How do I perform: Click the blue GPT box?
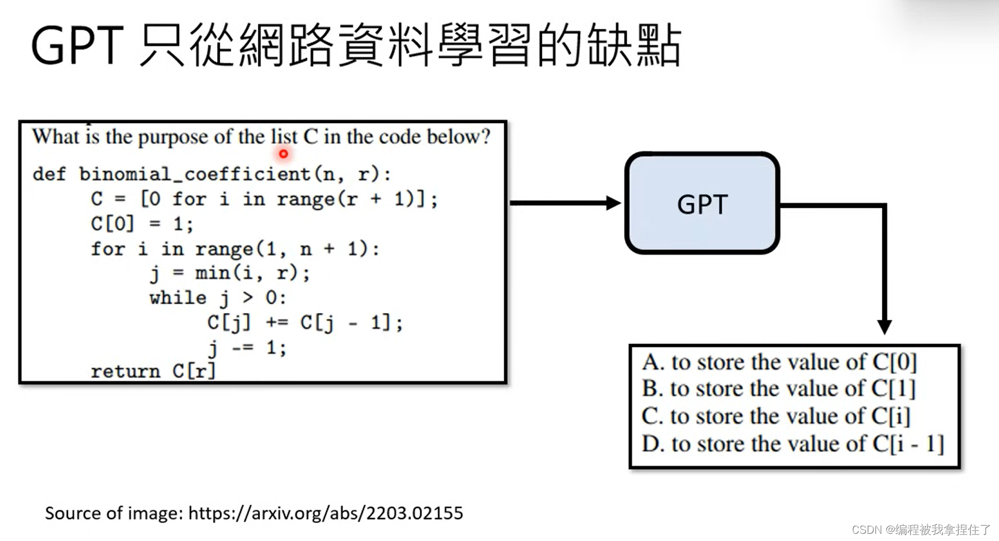[702, 203]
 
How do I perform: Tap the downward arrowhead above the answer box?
[884, 326]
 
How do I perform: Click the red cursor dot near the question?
[283, 154]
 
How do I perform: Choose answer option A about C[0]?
[779, 362]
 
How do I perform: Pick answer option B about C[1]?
[778, 388]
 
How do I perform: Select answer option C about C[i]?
[775, 416]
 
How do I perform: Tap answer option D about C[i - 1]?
[792, 444]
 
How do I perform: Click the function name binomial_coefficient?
[195, 174]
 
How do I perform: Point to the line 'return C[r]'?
[153, 371]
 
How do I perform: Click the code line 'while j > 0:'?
[218, 297]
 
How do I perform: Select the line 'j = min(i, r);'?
[230, 273]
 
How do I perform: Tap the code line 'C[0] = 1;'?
[142, 224]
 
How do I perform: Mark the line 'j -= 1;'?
[247, 347]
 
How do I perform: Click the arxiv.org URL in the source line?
[326, 513]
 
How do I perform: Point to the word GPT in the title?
[77, 46]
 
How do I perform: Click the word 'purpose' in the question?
[174, 138]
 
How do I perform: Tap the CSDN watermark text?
[921, 530]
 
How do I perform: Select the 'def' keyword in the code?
[49, 174]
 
